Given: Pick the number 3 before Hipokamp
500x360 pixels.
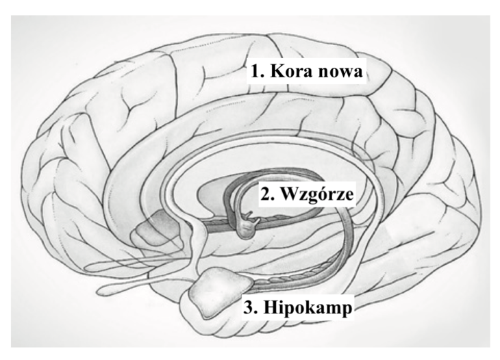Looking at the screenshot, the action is (249, 307).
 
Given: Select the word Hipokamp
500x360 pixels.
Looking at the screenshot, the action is (308, 309).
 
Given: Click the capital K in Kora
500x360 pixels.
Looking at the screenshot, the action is (278, 71).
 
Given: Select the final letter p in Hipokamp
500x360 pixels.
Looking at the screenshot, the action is (347, 311).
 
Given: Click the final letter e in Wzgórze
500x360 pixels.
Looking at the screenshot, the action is (350, 196).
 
